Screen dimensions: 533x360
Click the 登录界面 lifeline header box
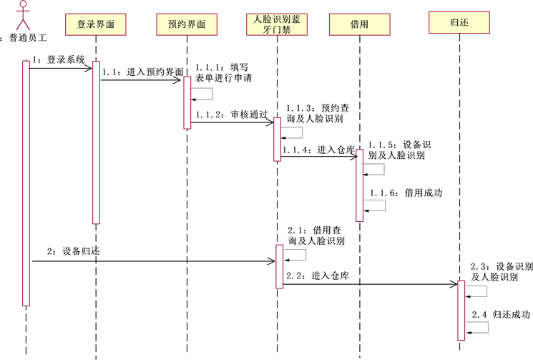[95, 24]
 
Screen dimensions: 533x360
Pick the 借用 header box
[359, 24]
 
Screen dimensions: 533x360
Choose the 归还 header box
[459, 23]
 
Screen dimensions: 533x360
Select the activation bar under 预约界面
[187, 102]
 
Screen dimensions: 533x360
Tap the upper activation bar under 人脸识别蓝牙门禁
[278, 139]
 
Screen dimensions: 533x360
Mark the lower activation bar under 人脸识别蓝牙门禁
[280, 266]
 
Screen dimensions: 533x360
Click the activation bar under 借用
[360, 185]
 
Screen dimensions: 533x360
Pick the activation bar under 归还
[461, 310]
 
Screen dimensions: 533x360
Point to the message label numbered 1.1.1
[223, 72]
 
